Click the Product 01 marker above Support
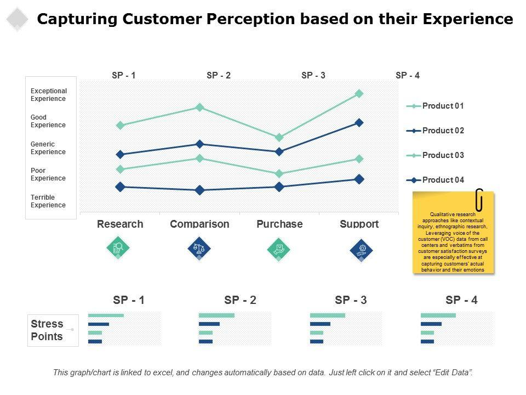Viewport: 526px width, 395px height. tap(359, 94)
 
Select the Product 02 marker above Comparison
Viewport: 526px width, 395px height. tap(199, 144)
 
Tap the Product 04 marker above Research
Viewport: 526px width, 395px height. tap(120, 187)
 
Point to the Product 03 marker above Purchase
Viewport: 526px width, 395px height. tap(279, 174)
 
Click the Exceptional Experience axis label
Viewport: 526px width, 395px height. tap(49, 95)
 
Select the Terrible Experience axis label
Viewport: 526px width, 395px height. tap(48, 201)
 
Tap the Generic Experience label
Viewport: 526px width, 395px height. tap(48, 148)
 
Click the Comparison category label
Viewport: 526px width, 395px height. tap(199, 224)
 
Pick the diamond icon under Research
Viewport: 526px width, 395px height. tap(118, 249)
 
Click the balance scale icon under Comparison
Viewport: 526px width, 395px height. tap(199, 249)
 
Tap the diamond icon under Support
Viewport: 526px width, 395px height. tap(361, 250)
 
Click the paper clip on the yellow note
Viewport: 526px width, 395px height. tap(479, 200)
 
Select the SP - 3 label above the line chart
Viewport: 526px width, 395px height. tap(313, 76)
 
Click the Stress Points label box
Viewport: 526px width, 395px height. tap(47, 330)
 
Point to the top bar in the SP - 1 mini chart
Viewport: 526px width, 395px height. tap(106, 315)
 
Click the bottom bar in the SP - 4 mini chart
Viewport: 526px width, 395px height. tap(427, 342)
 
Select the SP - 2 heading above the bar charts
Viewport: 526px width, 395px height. tap(240, 300)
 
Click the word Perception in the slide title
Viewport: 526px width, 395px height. tap(251, 20)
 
